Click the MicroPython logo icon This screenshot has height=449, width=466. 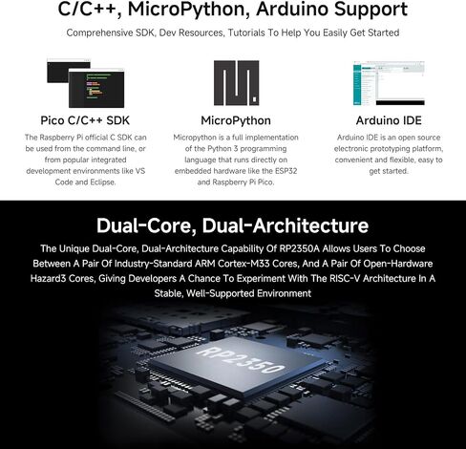(236, 83)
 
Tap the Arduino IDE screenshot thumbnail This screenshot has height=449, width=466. (389, 83)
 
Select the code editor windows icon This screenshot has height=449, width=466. (85, 83)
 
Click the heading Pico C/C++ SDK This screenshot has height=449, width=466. (85, 120)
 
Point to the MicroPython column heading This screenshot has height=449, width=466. (236, 120)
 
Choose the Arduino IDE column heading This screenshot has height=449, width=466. (389, 120)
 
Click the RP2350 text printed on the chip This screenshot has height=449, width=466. (241, 360)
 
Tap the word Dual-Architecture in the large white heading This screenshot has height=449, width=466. (286, 225)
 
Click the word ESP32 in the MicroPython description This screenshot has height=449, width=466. (286, 171)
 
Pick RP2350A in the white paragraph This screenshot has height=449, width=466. (299, 248)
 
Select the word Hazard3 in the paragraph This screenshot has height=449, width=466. (48, 279)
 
